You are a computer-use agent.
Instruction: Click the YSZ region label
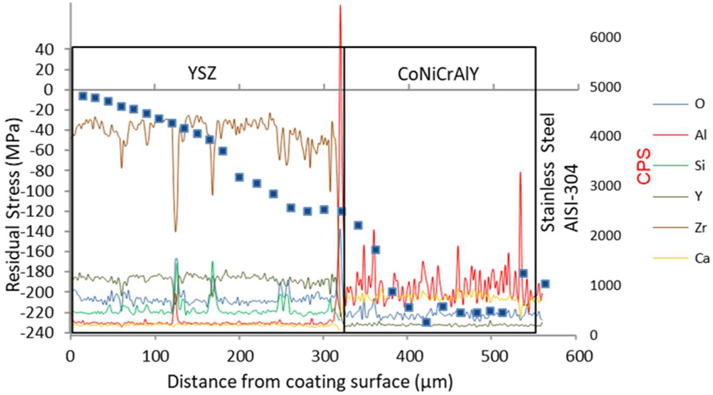(x=202, y=74)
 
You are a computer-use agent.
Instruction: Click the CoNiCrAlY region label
(x=438, y=74)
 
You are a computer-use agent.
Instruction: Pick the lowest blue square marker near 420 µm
(x=426, y=322)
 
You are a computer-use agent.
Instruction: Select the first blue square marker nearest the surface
(x=83, y=96)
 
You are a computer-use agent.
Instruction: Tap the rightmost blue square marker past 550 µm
(x=545, y=284)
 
